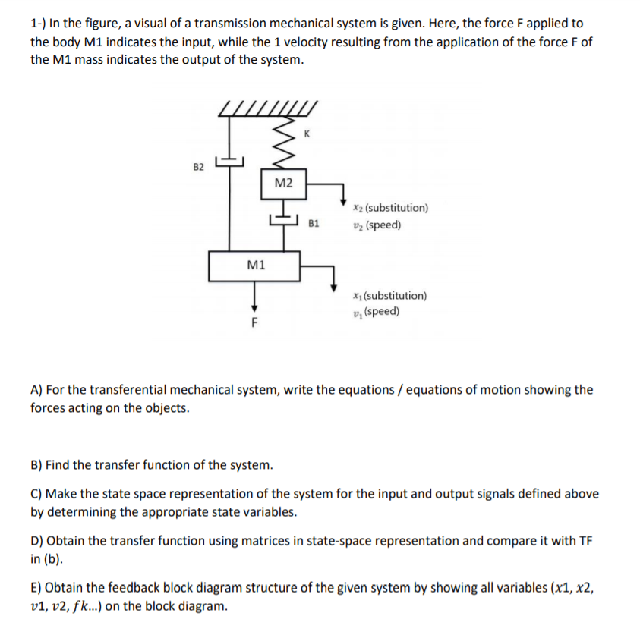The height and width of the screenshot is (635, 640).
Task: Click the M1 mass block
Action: coord(256,265)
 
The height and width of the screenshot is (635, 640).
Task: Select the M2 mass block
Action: coord(283,183)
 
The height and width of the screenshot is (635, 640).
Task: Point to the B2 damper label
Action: coord(199,165)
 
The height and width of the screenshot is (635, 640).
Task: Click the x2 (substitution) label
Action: coord(390,207)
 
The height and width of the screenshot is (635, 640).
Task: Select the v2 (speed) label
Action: coord(377,225)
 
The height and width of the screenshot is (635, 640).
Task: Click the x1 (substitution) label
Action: coord(389,296)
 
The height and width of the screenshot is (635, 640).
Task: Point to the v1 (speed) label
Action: coord(377,312)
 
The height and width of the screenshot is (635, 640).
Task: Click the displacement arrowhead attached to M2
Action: coord(344,199)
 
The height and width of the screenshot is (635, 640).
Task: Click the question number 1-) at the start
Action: coord(39,24)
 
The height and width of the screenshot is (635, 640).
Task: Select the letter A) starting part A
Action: coord(36,390)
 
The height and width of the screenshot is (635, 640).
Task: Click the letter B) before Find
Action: coord(36,464)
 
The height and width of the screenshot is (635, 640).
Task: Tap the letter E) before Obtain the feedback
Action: coord(36,588)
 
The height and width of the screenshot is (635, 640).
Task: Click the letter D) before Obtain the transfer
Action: coord(36,541)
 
